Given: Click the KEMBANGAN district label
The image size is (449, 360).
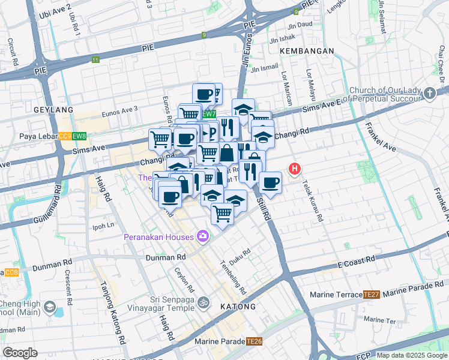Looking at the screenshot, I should pos(306,52).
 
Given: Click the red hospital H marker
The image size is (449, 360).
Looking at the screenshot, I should pos(294,169).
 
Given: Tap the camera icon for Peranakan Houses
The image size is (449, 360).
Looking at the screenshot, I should pos(203,236).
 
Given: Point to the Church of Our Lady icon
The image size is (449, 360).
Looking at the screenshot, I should pos(429,93).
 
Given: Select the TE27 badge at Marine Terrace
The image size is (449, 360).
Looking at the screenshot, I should pos(372,295).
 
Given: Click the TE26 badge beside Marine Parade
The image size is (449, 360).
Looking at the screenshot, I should pos(253,342).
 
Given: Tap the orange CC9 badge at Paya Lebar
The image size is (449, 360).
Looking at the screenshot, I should pos(65,136).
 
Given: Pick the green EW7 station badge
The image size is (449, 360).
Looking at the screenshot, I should pos(208,114).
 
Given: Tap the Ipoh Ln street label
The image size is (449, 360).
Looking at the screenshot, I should pos(103,226).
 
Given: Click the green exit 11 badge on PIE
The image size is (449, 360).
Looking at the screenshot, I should pos(95,59).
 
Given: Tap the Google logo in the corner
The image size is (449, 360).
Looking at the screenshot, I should pos(20,353).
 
